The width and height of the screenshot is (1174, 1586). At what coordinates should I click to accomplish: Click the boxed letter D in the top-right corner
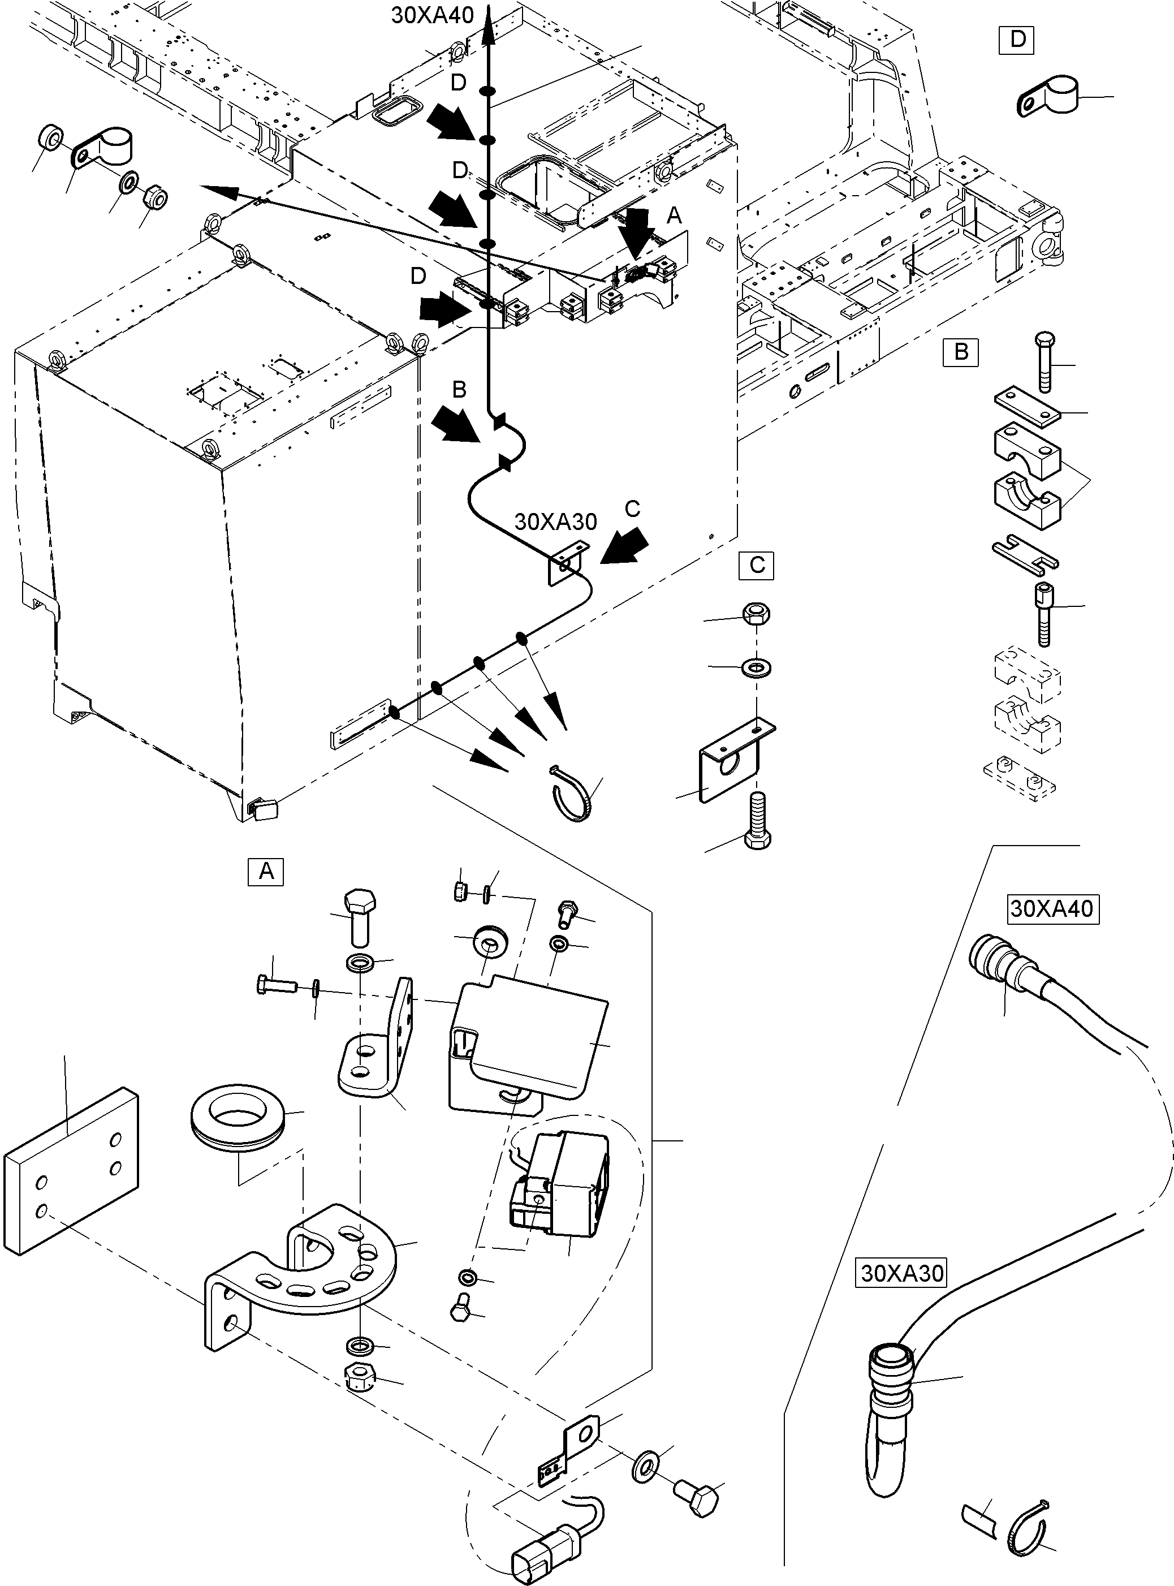tap(1017, 39)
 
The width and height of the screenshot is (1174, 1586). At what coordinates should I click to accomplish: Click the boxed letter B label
tap(961, 352)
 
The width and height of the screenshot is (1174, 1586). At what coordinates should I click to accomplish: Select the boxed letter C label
tap(756, 565)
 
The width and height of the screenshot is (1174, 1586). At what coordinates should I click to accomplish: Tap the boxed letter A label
tap(266, 872)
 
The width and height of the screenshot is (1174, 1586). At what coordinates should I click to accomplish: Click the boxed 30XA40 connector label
tap(1052, 908)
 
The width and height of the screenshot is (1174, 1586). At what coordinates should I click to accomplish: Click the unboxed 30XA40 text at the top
tap(432, 16)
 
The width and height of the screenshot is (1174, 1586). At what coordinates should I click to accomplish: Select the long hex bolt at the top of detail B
tap(1044, 362)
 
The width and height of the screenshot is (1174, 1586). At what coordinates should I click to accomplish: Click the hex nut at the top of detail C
tap(756, 614)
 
